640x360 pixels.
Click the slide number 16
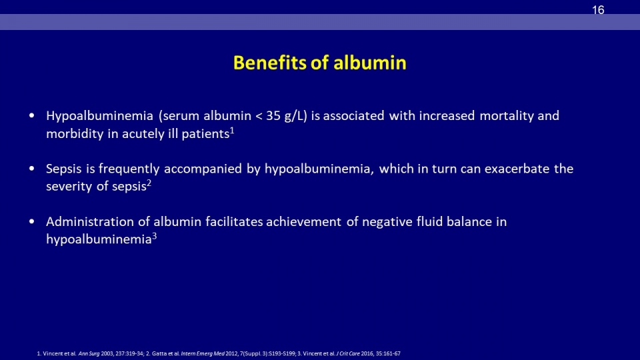point(598,10)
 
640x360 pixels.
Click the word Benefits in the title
point(269,63)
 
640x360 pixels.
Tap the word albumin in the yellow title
point(370,63)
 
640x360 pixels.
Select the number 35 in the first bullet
point(273,116)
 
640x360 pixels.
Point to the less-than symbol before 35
point(259,116)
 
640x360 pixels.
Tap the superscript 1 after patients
point(232,131)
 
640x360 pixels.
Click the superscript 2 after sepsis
point(149,183)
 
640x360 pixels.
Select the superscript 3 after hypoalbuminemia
point(154,236)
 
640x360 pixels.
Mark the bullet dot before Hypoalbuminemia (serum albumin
point(32,116)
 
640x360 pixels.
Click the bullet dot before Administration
point(32,221)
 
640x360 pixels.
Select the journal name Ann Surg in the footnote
point(89,353)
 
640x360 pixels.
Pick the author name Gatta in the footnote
point(159,353)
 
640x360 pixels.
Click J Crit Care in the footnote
point(348,353)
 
